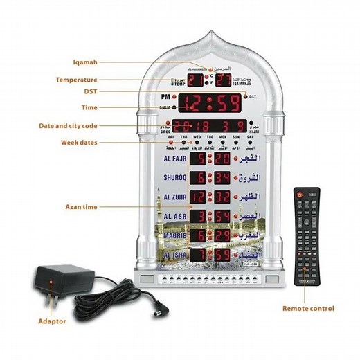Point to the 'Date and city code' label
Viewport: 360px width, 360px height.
87,126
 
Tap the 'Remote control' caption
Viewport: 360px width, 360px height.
308,308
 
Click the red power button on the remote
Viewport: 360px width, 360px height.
300,196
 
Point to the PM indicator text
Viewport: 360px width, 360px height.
167,98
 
